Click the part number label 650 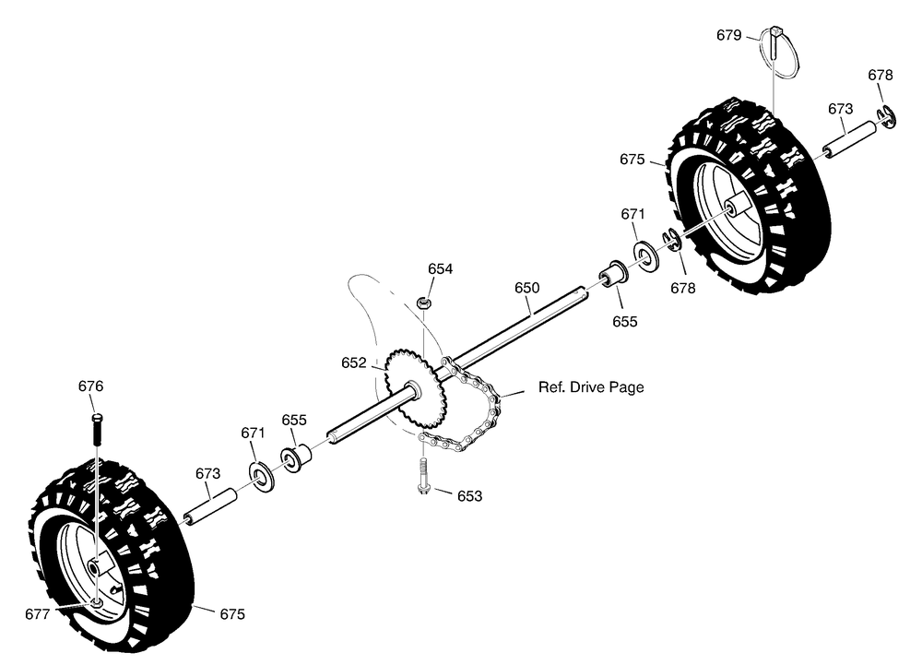[x=526, y=288]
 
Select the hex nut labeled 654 [x=423, y=303]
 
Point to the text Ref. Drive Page [x=591, y=386]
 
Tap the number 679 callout [x=728, y=35]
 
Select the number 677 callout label [x=37, y=614]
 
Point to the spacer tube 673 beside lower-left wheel [x=210, y=505]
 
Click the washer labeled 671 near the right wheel [x=645, y=255]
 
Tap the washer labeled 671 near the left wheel [x=262, y=478]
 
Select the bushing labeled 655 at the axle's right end [x=614, y=274]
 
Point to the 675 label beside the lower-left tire [x=232, y=614]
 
